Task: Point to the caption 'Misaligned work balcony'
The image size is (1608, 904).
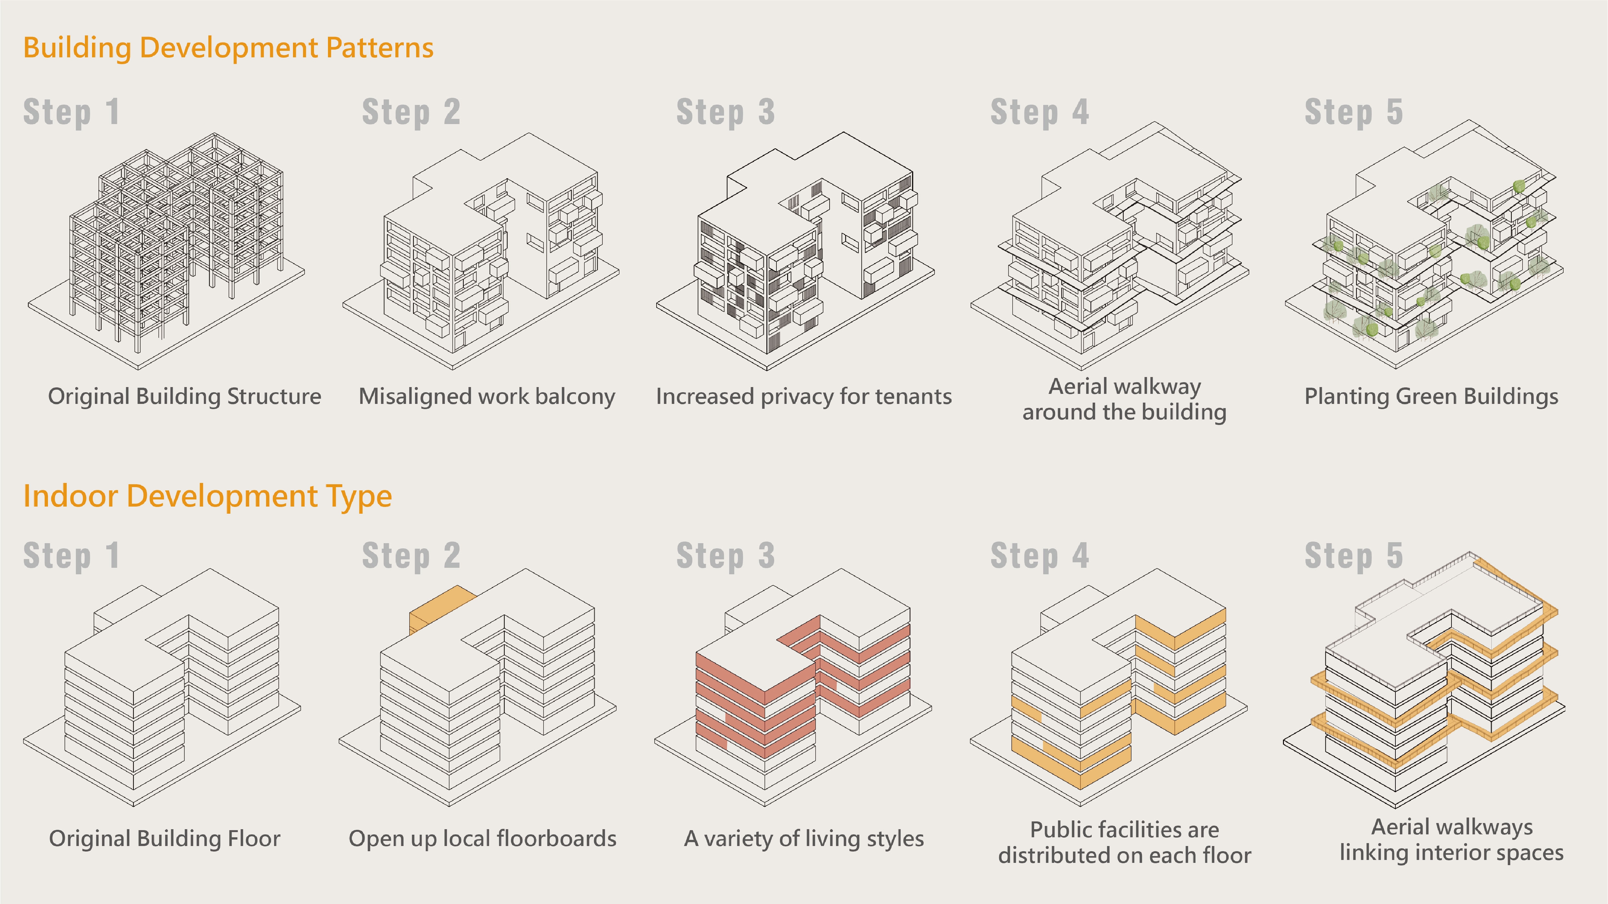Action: [x=487, y=397]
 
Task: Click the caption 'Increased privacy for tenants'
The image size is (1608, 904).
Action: [x=803, y=397]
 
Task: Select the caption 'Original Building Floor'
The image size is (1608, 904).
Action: [x=165, y=839]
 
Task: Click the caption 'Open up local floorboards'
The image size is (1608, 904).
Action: [x=483, y=839]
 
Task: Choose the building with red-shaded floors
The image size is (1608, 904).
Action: [x=805, y=680]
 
